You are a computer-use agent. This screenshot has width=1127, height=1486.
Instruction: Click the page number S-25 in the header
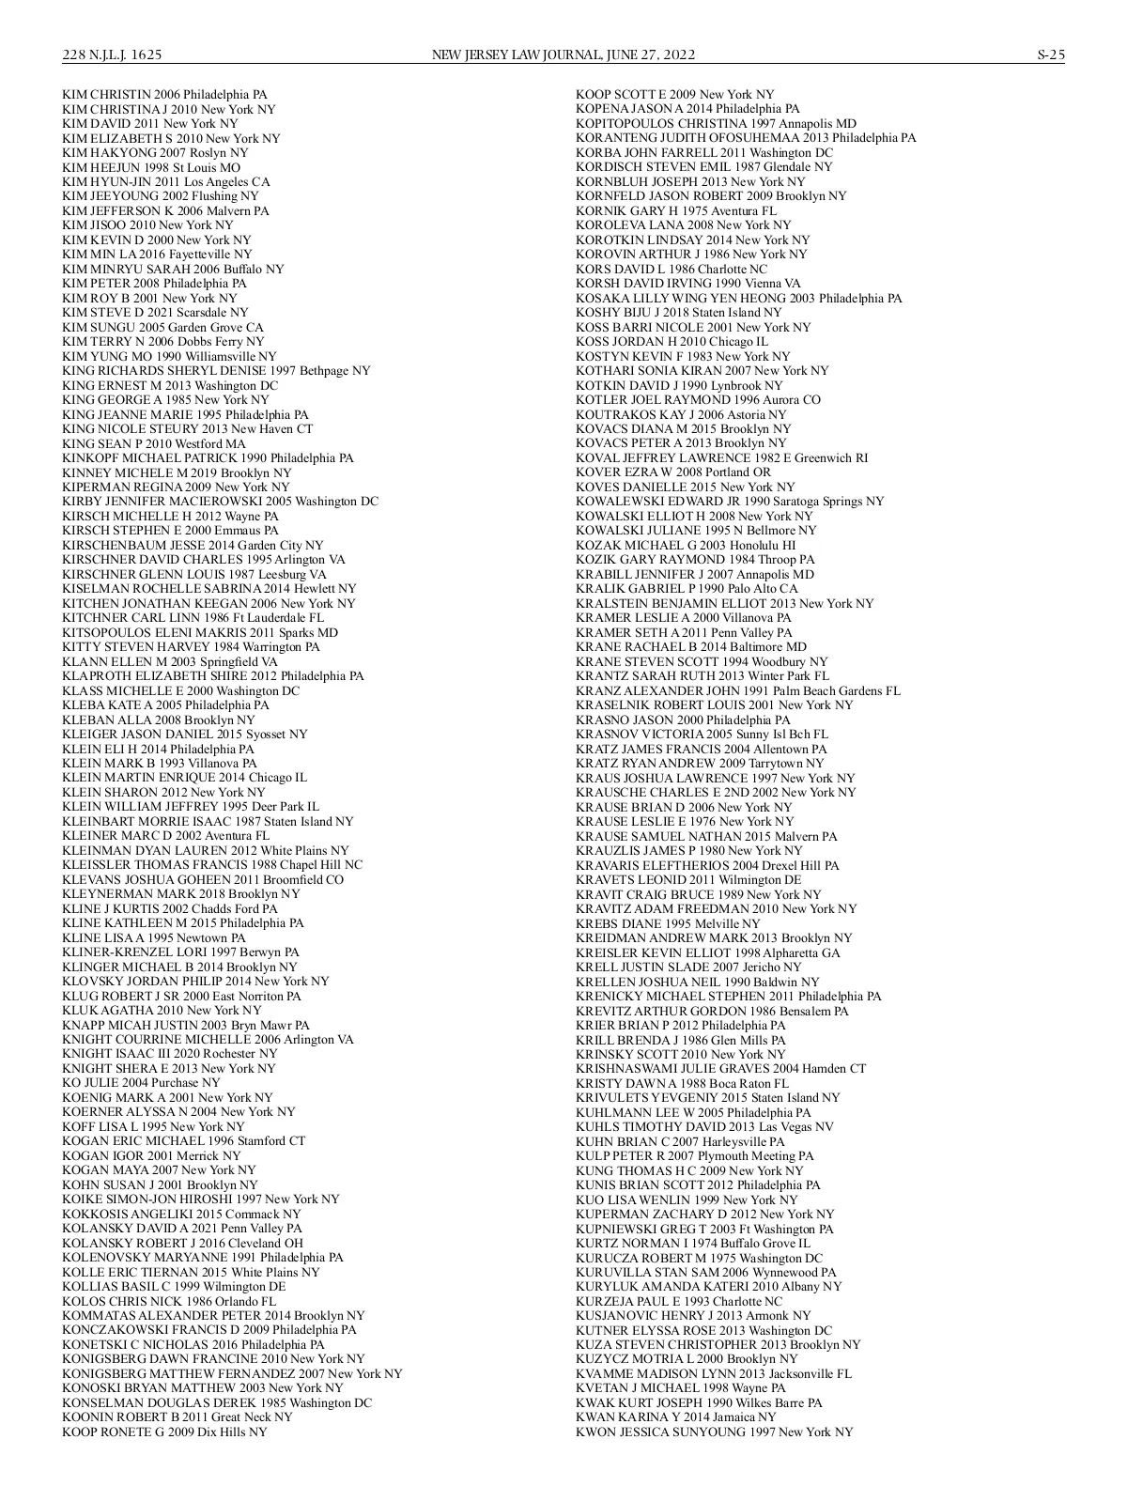pos(1051,55)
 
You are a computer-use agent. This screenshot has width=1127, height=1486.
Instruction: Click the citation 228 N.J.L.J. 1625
pos(113,55)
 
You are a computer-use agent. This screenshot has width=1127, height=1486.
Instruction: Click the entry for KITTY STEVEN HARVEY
pos(191,647)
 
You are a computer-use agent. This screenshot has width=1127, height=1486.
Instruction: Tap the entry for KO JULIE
pos(141,1083)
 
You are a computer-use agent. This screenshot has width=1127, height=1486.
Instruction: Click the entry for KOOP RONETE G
pos(164,1432)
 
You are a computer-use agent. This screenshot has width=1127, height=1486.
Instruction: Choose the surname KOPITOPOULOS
pos(624,124)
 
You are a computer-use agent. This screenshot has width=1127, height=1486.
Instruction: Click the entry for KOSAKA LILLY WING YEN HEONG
pos(738,299)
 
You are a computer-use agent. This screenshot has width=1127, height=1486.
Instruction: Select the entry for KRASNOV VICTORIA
pos(702,734)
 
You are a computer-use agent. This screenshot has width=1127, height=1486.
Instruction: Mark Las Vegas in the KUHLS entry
pos(784,1126)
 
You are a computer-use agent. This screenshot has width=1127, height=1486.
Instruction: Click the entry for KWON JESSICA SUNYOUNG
pos(714,1432)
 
